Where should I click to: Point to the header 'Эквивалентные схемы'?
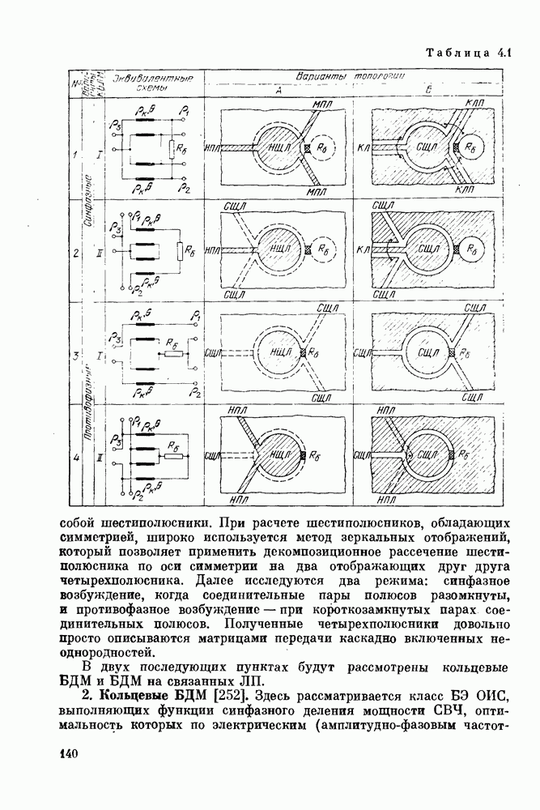click(x=153, y=82)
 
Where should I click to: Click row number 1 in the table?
click(x=75, y=155)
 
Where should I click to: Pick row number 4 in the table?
click(x=75, y=458)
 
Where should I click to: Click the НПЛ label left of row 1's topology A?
click(x=215, y=150)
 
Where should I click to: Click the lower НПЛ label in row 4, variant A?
click(x=239, y=499)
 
